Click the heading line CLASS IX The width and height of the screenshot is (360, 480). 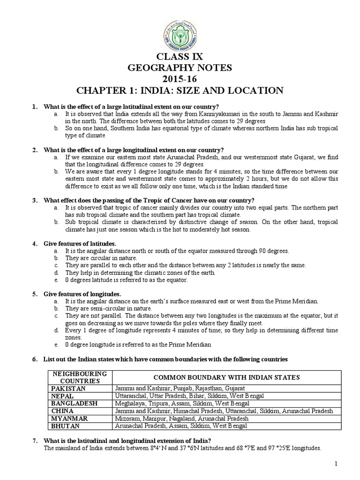point(180,57)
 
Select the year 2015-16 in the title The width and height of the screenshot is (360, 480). point(180,78)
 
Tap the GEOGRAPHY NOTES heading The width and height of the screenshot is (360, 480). point(180,67)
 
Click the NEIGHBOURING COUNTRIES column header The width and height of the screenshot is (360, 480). point(80,377)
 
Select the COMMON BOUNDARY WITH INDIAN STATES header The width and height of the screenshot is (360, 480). point(227,377)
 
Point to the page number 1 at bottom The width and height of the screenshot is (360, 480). point(336,464)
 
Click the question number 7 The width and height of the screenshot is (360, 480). point(34,441)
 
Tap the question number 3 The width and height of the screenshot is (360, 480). point(34,200)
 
